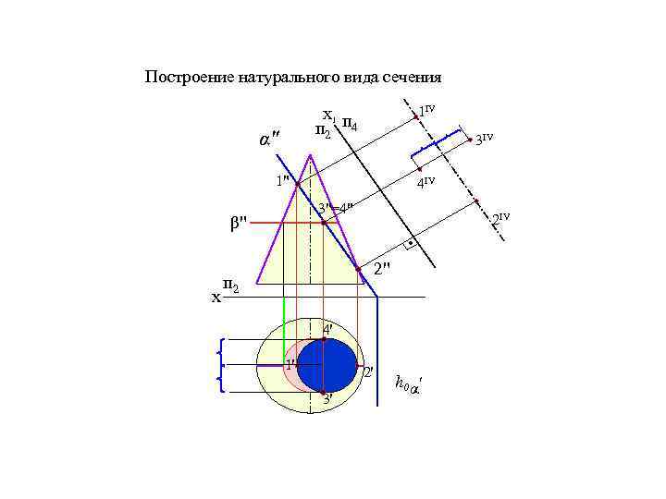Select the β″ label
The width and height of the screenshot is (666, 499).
click(238, 223)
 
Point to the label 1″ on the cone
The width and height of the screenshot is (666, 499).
click(284, 179)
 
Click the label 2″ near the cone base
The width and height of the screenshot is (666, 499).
click(383, 269)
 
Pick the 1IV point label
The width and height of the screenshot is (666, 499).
click(425, 111)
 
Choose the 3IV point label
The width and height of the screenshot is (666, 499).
click(484, 140)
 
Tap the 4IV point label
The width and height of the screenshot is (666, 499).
click(426, 183)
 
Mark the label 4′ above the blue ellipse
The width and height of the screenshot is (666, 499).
click(328, 329)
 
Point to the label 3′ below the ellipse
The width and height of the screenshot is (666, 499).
click(327, 399)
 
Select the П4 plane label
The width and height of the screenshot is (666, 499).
click(351, 123)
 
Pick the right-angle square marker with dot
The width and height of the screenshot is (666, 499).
click(409, 246)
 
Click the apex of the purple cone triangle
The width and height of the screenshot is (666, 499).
click(310, 154)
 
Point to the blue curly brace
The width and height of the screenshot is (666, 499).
click(219, 365)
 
